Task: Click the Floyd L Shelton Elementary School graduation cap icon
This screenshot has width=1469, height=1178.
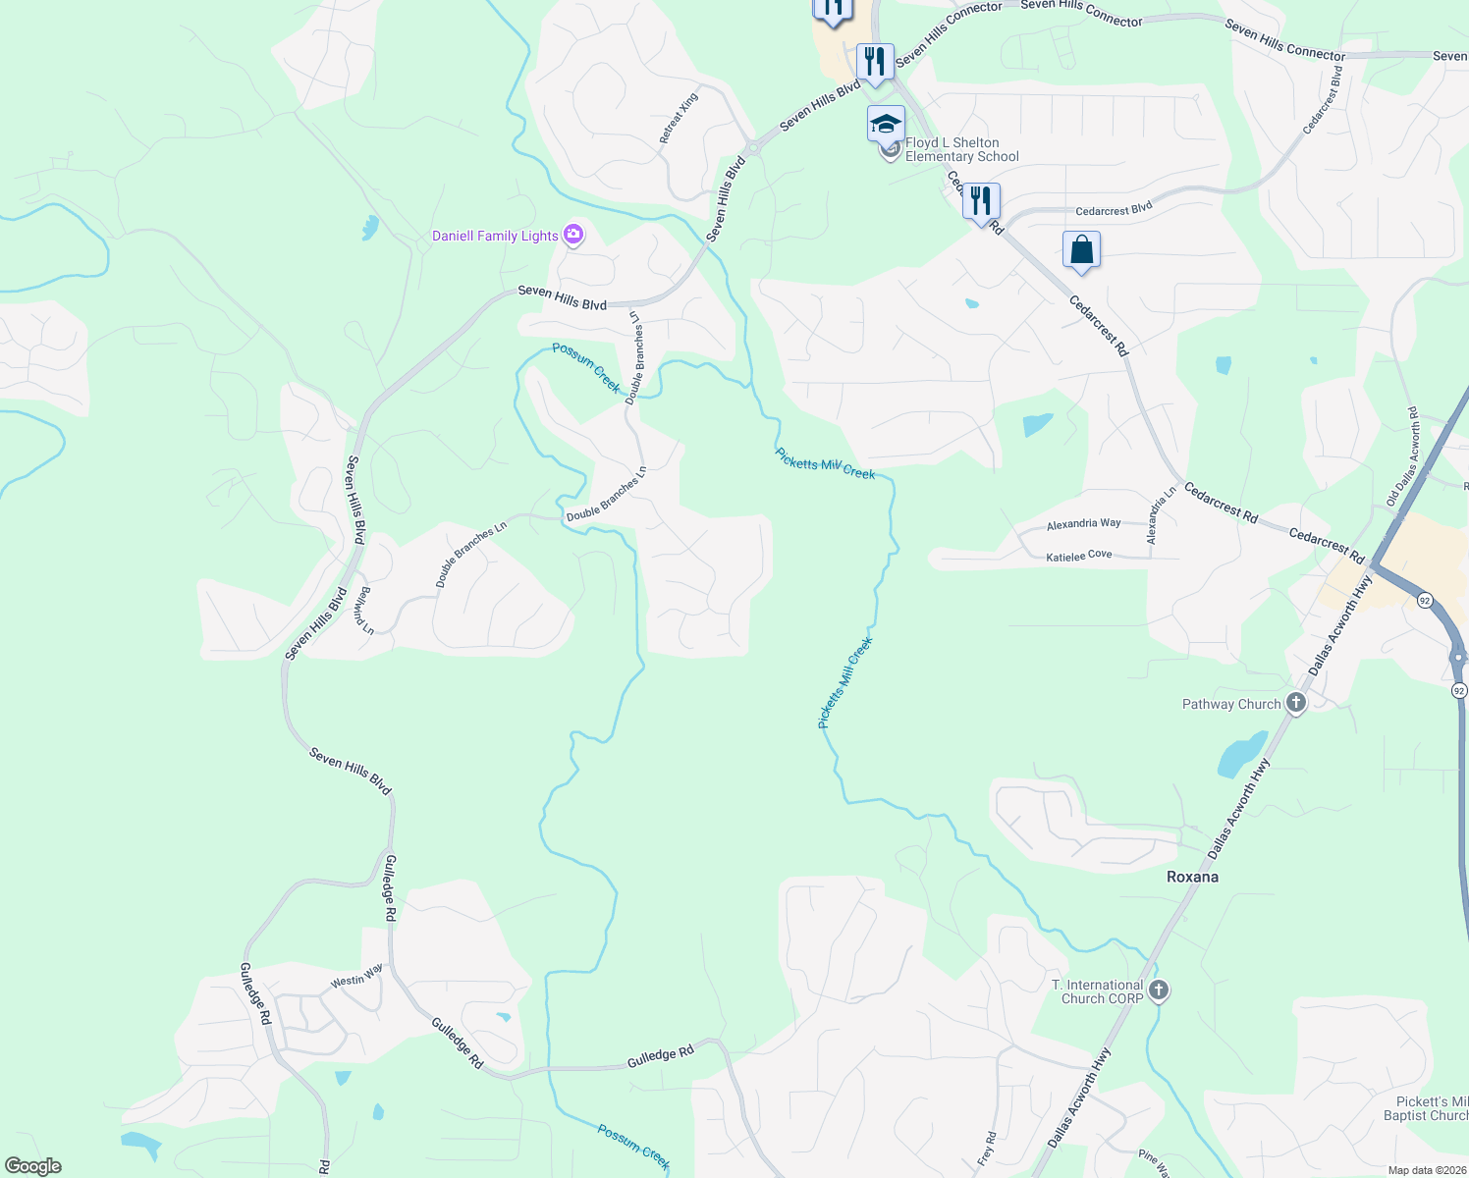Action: pyautogui.click(x=885, y=124)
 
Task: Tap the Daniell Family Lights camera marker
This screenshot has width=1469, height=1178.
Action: pyautogui.click(x=573, y=235)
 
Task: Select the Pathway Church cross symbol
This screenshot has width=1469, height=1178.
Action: pyautogui.click(x=1296, y=702)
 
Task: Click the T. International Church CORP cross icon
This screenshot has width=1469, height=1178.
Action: pyautogui.click(x=1159, y=991)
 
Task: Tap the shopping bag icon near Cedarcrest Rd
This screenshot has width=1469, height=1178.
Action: pyautogui.click(x=1081, y=249)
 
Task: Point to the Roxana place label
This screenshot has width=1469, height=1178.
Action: pyautogui.click(x=1192, y=877)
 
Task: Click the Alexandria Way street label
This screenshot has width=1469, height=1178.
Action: pyautogui.click(x=1083, y=524)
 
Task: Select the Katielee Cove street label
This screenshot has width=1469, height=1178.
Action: pyautogui.click(x=1078, y=556)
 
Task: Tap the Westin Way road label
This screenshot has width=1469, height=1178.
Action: pyautogui.click(x=356, y=976)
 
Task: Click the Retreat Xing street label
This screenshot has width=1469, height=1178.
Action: pyautogui.click(x=679, y=118)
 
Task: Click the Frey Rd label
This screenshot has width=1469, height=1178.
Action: pyautogui.click(x=987, y=1149)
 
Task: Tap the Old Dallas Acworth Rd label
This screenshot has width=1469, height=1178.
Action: pyautogui.click(x=1403, y=456)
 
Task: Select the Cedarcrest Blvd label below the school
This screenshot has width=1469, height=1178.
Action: pyautogui.click(x=1114, y=210)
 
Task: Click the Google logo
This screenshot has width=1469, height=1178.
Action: pyautogui.click(x=32, y=1166)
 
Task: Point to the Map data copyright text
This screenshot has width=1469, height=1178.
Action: pyautogui.click(x=1426, y=1170)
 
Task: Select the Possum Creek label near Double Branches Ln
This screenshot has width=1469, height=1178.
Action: pyautogui.click(x=586, y=366)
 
